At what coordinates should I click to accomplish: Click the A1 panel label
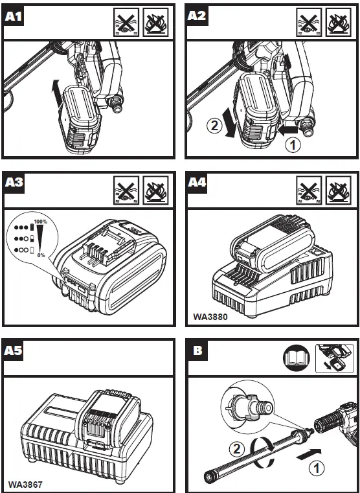[14, 16]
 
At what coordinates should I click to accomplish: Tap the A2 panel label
[197, 16]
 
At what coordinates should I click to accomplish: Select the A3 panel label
[14, 183]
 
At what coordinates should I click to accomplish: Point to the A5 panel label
[14, 350]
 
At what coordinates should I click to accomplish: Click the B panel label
[197, 350]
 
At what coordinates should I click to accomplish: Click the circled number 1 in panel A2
[293, 145]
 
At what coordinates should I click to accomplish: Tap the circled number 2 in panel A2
[214, 126]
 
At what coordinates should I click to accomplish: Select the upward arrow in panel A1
[56, 93]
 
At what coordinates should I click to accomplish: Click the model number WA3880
[210, 316]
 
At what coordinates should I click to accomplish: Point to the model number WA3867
[25, 485]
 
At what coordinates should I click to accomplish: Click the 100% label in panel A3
[41, 222]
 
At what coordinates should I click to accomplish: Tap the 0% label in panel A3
[41, 255]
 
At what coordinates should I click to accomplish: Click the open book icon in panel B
[297, 358]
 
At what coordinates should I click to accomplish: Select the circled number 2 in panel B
[236, 449]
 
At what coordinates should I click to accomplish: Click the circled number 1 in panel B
[317, 468]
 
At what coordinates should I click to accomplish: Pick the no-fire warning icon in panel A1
[156, 22]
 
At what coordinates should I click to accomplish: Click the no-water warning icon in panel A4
[309, 190]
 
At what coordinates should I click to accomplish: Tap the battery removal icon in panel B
[334, 358]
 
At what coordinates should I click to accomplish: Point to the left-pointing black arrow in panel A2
[287, 130]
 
